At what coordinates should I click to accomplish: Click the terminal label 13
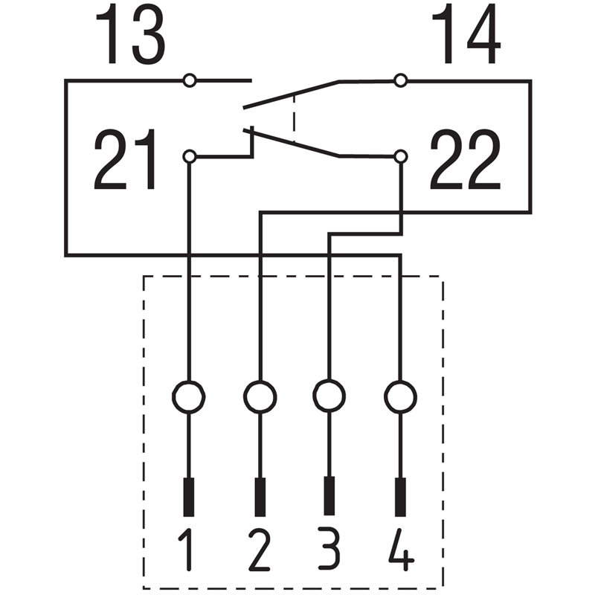click(x=130, y=33)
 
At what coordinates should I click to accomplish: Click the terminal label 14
click(x=466, y=33)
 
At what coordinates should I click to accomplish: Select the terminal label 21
click(x=125, y=159)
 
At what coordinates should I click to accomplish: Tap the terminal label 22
click(x=466, y=159)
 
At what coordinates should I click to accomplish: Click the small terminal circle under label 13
click(x=190, y=80)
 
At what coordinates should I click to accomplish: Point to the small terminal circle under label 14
click(x=401, y=80)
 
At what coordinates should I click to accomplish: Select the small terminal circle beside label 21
click(x=190, y=156)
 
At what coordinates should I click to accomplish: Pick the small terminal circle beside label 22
click(x=401, y=156)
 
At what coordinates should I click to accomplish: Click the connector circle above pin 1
click(x=189, y=397)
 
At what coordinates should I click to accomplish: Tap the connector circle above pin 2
click(x=260, y=397)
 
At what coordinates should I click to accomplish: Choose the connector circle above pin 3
click(x=329, y=396)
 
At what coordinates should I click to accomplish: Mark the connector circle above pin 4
click(x=400, y=397)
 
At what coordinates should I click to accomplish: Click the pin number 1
click(x=187, y=550)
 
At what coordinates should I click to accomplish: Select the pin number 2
click(x=260, y=550)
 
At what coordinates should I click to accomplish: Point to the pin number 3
click(x=329, y=548)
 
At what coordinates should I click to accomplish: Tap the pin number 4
click(x=401, y=550)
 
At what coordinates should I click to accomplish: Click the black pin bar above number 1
click(x=189, y=497)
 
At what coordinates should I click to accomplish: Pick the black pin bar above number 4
click(x=400, y=497)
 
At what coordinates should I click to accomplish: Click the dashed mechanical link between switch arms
click(x=294, y=118)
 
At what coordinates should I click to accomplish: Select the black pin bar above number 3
click(x=329, y=496)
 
